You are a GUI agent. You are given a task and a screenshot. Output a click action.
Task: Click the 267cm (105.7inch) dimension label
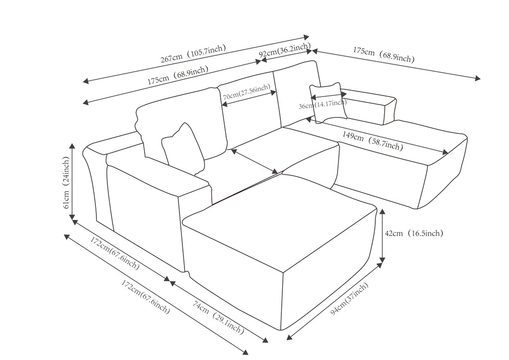[x=193, y=54]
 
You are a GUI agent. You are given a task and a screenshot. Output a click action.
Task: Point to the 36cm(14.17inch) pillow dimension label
[x=323, y=105]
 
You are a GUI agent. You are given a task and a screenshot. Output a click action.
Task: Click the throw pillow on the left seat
[x=183, y=148]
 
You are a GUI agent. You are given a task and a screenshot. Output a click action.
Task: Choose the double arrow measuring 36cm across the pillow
[x=329, y=96]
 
